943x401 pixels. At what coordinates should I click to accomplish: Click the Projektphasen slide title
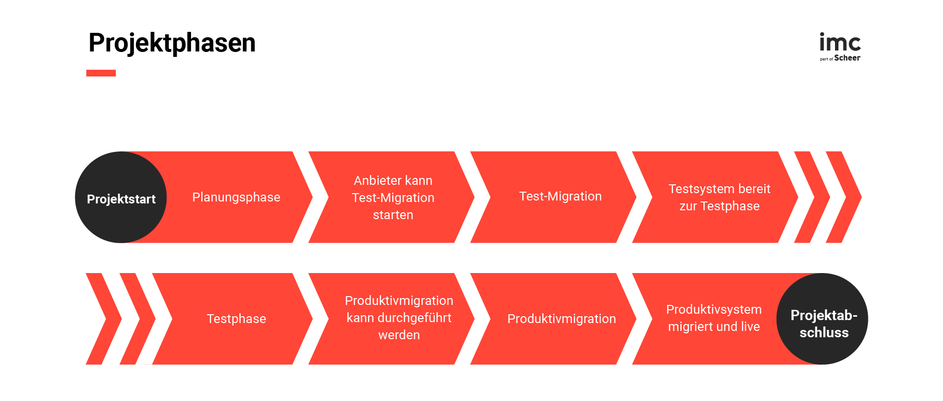point(172,43)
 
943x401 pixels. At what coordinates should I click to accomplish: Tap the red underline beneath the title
point(101,73)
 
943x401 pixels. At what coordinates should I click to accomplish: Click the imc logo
point(840,43)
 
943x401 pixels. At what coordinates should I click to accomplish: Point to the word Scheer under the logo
point(847,58)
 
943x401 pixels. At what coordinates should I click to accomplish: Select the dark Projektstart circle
point(121,197)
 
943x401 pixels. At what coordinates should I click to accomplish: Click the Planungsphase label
point(236,197)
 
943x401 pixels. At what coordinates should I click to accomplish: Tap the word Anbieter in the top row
point(375,180)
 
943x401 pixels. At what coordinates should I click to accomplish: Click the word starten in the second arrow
point(393,215)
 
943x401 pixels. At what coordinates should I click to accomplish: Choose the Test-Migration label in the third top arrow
point(560,196)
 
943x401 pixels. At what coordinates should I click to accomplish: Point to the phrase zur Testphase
point(719,206)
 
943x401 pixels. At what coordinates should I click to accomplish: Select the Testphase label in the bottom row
point(236,319)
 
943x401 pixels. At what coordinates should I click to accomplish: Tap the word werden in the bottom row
point(399,335)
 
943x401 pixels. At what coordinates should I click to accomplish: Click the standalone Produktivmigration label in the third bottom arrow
point(561,319)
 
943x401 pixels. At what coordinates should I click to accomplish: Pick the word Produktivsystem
point(714,309)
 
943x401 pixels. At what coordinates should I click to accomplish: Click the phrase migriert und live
point(714,326)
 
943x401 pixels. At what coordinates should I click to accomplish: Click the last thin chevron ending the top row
point(845,197)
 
